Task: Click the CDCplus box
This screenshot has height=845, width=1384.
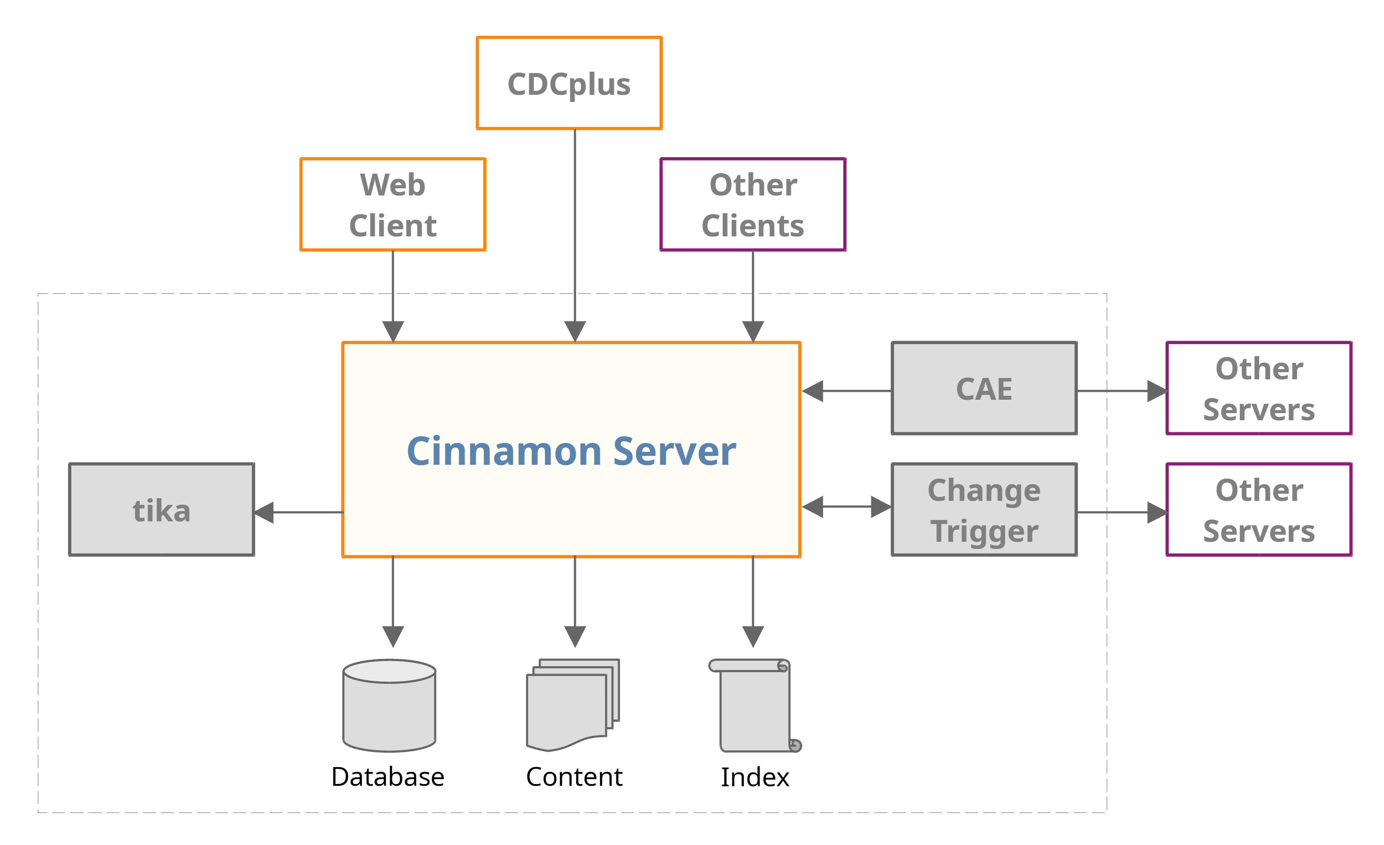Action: [569, 83]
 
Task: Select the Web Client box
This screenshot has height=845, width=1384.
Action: [393, 204]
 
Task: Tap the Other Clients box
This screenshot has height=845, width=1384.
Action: [753, 204]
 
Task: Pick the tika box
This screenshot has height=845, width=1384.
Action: [161, 510]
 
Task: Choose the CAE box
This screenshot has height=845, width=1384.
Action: [984, 388]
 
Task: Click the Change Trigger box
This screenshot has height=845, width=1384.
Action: [984, 510]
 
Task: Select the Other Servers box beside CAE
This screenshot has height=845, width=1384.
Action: [1259, 388]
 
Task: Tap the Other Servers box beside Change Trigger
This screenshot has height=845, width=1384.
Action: [1259, 510]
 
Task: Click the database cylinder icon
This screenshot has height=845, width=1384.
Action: [389, 706]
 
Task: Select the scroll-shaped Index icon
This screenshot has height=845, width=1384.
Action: [755, 706]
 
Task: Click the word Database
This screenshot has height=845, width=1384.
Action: [388, 777]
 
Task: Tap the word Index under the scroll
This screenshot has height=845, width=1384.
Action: [755, 777]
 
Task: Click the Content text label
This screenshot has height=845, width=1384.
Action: [574, 777]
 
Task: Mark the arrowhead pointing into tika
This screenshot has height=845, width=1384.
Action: [264, 512]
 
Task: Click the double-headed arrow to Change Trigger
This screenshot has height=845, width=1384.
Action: [846, 507]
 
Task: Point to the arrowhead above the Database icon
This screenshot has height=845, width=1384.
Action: [393, 636]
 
